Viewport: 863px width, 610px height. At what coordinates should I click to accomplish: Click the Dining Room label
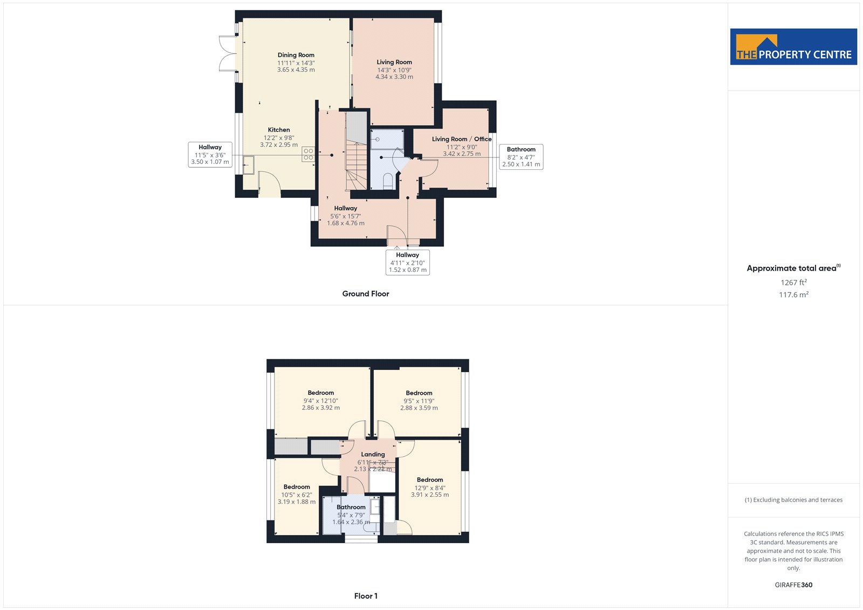pyautogui.click(x=296, y=55)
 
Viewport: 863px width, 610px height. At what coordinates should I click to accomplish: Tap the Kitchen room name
pyautogui.click(x=279, y=130)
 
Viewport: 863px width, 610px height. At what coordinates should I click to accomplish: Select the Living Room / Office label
pyautogui.click(x=462, y=139)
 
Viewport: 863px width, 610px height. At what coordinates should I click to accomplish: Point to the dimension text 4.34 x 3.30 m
pyautogui.click(x=394, y=77)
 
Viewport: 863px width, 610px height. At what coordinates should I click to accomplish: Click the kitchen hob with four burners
pyautogui.click(x=308, y=154)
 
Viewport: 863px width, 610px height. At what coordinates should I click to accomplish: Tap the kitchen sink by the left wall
pyautogui.click(x=249, y=165)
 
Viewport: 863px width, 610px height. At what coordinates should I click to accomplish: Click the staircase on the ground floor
pyautogui.click(x=357, y=151)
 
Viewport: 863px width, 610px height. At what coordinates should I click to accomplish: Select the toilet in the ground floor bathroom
pyautogui.click(x=388, y=182)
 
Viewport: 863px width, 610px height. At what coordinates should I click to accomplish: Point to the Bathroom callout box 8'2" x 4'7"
pyautogui.click(x=521, y=157)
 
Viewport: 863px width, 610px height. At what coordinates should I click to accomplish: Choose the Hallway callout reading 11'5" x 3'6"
pyautogui.click(x=210, y=155)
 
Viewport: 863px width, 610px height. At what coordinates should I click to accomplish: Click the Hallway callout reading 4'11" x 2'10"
pyautogui.click(x=408, y=263)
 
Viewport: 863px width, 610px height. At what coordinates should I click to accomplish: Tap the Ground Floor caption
pyautogui.click(x=366, y=293)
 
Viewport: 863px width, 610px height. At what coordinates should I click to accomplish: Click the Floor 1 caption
pyautogui.click(x=366, y=596)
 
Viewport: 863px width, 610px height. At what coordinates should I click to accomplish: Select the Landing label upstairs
pyautogui.click(x=373, y=454)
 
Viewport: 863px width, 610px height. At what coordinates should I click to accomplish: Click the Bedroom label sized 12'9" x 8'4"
pyautogui.click(x=430, y=480)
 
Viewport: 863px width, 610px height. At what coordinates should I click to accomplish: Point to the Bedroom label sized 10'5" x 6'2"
pyautogui.click(x=297, y=486)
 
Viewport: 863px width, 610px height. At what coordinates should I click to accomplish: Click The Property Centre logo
pyautogui.click(x=793, y=46)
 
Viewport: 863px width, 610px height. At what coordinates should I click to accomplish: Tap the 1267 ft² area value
pyautogui.click(x=793, y=283)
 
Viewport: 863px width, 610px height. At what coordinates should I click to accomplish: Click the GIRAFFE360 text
pyautogui.click(x=793, y=585)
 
